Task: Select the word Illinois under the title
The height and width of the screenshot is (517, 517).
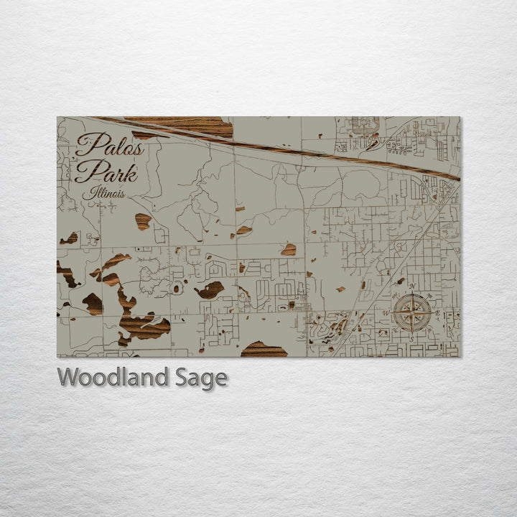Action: click(x=103, y=192)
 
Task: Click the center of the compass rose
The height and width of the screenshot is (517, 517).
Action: click(x=412, y=312)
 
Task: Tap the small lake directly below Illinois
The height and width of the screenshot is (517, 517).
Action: click(x=143, y=221)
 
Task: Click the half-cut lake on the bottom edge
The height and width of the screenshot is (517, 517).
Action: click(x=264, y=350)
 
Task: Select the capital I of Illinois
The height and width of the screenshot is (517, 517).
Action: click(x=88, y=192)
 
